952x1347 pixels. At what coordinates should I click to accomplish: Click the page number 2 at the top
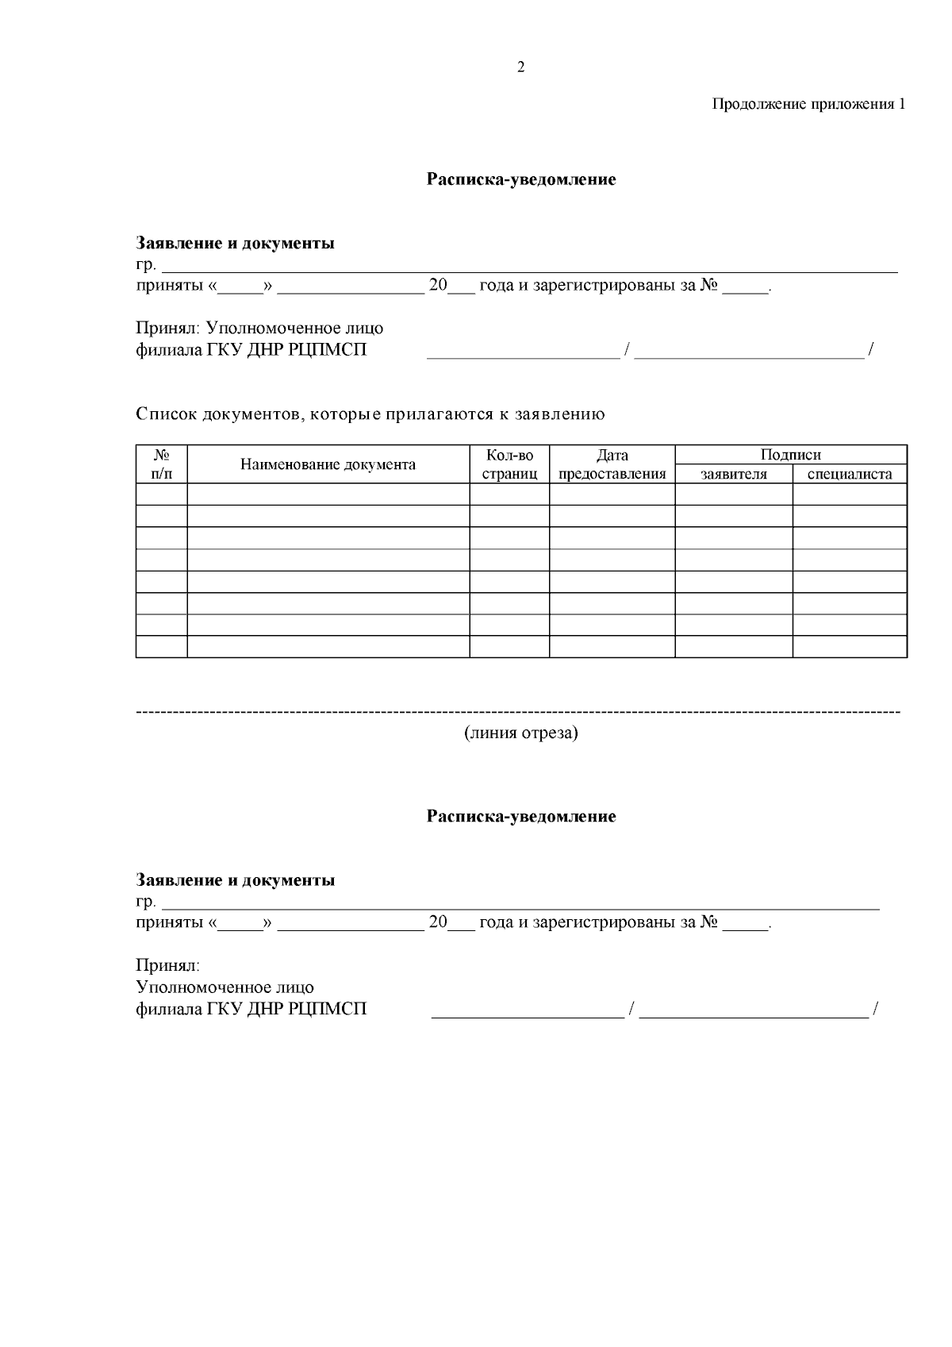[x=520, y=67]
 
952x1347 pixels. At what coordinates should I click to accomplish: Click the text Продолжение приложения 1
[x=808, y=104]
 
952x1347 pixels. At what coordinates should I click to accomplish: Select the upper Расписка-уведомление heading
[x=521, y=179]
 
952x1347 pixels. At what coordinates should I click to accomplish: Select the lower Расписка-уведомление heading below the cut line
[x=521, y=816]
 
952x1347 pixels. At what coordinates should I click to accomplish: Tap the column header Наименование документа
[x=328, y=464]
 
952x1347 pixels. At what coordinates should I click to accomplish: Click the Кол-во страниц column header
[x=509, y=464]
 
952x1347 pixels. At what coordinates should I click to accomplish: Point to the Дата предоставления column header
[x=612, y=464]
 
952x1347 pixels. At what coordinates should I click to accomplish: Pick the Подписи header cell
[x=790, y=455]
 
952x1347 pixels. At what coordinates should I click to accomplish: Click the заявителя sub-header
[x=733, y=475]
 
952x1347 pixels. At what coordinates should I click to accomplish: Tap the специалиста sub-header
[x=850, y=475]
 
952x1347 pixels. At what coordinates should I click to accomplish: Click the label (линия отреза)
[x=521, y=733]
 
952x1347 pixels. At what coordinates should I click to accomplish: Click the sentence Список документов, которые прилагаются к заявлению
[x=370, y=414]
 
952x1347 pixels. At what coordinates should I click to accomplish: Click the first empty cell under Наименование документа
[x=328, y=495]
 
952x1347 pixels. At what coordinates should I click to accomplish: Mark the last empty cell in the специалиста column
[x=850, y=646]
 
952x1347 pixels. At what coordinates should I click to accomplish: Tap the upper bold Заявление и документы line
[x=235, y=243]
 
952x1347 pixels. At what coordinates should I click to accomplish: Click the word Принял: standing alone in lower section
[x=167, y=966]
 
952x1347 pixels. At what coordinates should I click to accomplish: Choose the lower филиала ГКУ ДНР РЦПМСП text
[x=251, y=1009]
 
